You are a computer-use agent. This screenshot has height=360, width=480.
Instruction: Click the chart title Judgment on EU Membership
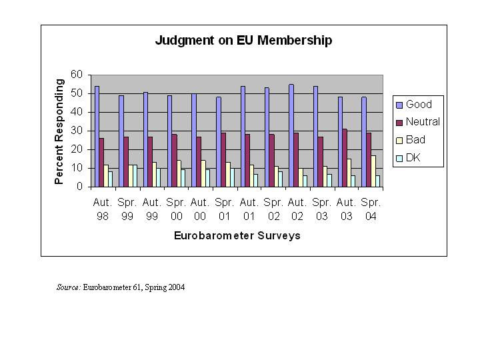pos(243,41)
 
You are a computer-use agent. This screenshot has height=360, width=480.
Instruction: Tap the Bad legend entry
pos(415,140)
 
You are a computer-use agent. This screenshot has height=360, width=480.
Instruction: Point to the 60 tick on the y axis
pos(77,75)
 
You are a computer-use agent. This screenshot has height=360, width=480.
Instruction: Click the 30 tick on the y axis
pos(77,131)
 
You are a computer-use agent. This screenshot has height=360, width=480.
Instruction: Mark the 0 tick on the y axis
pos(79,187)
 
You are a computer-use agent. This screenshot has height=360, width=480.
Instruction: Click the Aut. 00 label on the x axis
pos(200,209)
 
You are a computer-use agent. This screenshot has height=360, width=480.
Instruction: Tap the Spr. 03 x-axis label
pos(321,209)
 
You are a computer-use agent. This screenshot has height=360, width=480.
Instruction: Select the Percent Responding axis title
pos(59,131)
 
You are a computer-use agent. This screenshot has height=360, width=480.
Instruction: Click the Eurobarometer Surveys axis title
pos(237,236)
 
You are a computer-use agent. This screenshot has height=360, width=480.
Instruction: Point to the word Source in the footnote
pos(68,288)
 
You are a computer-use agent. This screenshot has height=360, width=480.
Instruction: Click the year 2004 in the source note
pos(176,288)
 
